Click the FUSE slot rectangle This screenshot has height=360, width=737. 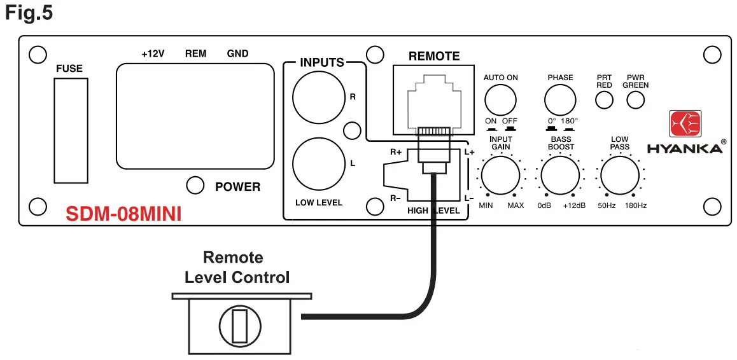click(x=69, y=131)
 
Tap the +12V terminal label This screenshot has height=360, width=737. click(x=153, y=54)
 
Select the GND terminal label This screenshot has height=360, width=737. click(x=237, y=54)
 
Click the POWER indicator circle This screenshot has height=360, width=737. click(x=195, y=186)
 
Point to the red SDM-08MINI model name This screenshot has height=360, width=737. click(x=123, y=214)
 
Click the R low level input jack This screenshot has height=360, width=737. click(x=317, y=98)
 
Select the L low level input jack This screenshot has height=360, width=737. click(x=317, y=163)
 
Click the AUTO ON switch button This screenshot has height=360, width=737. click(x=500, y=100)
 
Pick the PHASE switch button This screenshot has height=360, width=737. click(x=560, y=100)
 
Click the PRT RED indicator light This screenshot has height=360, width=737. click(x=604, y=100)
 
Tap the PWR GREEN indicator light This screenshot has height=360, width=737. click(x=635, y=100)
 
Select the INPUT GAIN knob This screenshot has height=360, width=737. click(x=500, y=175)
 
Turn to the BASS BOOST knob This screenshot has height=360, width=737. click(x=560, y=175)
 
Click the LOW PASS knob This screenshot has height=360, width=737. click(x=619, y=175)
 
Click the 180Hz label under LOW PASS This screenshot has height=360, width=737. click(x=635, y=205)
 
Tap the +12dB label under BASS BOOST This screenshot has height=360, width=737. click(x=574, y=205)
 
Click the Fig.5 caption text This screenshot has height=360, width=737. click(x=29, y=13)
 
